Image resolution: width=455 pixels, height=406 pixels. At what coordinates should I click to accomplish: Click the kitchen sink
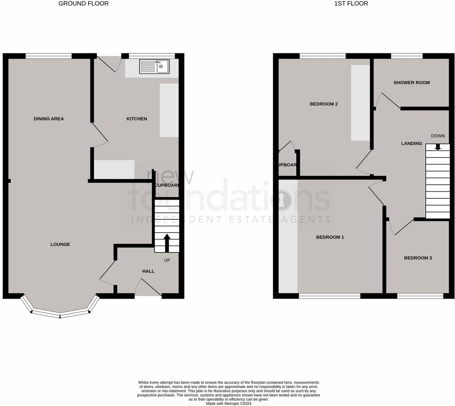pyautogui.click(x=154, y=67)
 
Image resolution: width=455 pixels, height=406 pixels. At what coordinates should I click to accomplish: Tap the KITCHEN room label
pyautogui.click(x=137, y=119)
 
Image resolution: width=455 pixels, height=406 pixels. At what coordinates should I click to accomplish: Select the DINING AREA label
pyautogui.click(x=49, y=119)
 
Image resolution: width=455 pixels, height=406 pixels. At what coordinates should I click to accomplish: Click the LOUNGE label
pyautogui.click(x=60, y=244)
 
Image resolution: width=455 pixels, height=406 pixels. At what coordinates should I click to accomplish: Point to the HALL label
pyautogui.click(x=148, y=271)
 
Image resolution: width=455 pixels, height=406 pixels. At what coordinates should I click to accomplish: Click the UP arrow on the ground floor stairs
pyautogui.click(x=167, y=242)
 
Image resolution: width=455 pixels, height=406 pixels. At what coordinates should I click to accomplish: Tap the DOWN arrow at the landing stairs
pyautogui.click(x=438, y=147)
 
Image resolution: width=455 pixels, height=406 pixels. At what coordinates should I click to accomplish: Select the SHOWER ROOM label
pyautogui.click(x=411, y=83)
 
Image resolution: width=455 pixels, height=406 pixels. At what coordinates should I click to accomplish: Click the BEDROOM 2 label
pyautogui.click(x=324, y=104)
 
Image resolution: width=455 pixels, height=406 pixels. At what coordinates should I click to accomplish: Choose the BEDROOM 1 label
pyautogui.click(x=330, y=237)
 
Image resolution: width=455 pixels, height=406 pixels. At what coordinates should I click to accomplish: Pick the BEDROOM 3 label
pyautogui.click(x=418, y=258)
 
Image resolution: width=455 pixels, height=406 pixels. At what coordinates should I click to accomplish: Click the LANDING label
pyautogui.click(x=411, y=143)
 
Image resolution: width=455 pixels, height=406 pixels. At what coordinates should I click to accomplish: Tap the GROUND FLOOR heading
pyautogui.click(x=83, y=4)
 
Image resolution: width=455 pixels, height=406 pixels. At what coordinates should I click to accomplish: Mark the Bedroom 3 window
pyautogui.click(x=420, y=296)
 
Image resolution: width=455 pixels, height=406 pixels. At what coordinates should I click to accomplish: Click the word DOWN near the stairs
pyautogui.click(x=438, y=136)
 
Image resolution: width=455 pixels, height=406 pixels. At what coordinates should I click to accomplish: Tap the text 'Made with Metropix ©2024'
pyautogui.click(x=228, y=404)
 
